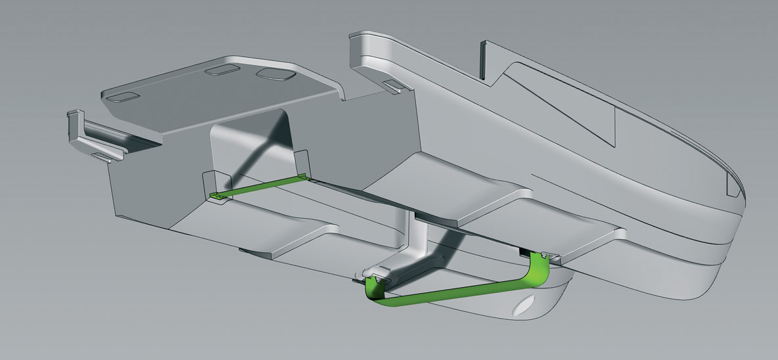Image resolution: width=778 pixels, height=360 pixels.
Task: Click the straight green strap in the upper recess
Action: coord(260,187)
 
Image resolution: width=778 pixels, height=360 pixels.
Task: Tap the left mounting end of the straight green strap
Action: coord(217,196)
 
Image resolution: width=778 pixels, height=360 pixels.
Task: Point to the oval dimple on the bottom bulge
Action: coord(526,307)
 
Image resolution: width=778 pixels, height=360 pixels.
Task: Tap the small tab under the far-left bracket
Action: coord(102,156)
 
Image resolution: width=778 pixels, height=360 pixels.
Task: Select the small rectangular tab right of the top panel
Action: coord(394,85)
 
